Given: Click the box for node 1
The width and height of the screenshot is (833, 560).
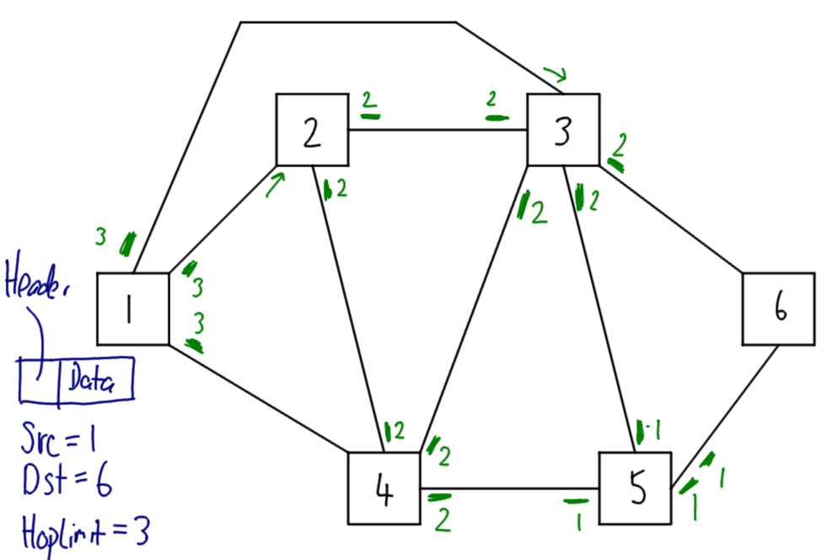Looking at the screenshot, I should pyautogui.click(x=132, y=309).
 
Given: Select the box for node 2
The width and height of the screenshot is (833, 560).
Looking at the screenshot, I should pyautogui.click(x=312, y=130).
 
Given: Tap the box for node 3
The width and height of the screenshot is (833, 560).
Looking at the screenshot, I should pyautogui.click(x=563, y=130).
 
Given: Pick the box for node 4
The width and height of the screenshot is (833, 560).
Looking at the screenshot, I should pyautogui.click(x=384, y=488).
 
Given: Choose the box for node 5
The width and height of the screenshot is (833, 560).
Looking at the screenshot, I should pyautogui.click(x=636, y=488).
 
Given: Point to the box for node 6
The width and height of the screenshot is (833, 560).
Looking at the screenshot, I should pyautogui.click(x=778, y=309).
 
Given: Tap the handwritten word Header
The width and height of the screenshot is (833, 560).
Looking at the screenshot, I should pyautogui.click(x=38, y=283).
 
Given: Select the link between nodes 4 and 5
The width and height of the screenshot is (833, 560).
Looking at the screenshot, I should pyautogui.click(x=510, y=487).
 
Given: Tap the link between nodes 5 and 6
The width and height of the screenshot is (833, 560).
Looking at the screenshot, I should pyautogui.click(x=725, y=417).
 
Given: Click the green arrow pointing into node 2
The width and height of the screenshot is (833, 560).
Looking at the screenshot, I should pyautogui.click(x=275, y=185).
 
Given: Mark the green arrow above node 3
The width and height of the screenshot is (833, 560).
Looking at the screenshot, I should pyautogui.click(x=553, y=75).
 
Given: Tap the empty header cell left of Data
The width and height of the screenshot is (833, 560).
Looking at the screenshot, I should pyautogui.click(x=39, y=380).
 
